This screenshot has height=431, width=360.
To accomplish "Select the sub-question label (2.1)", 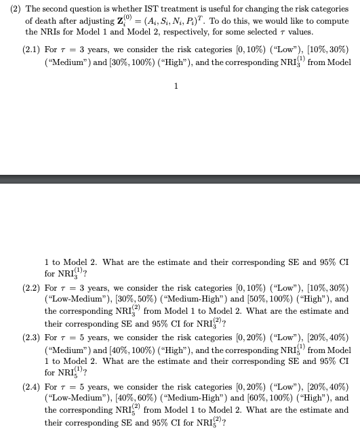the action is [x=32, y=51].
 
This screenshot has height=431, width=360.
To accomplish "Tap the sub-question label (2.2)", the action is [x=32, y=288].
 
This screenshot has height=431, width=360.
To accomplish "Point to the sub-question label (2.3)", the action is [x=32, y=337].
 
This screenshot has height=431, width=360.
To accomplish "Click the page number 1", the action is [x=177, y=86].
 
